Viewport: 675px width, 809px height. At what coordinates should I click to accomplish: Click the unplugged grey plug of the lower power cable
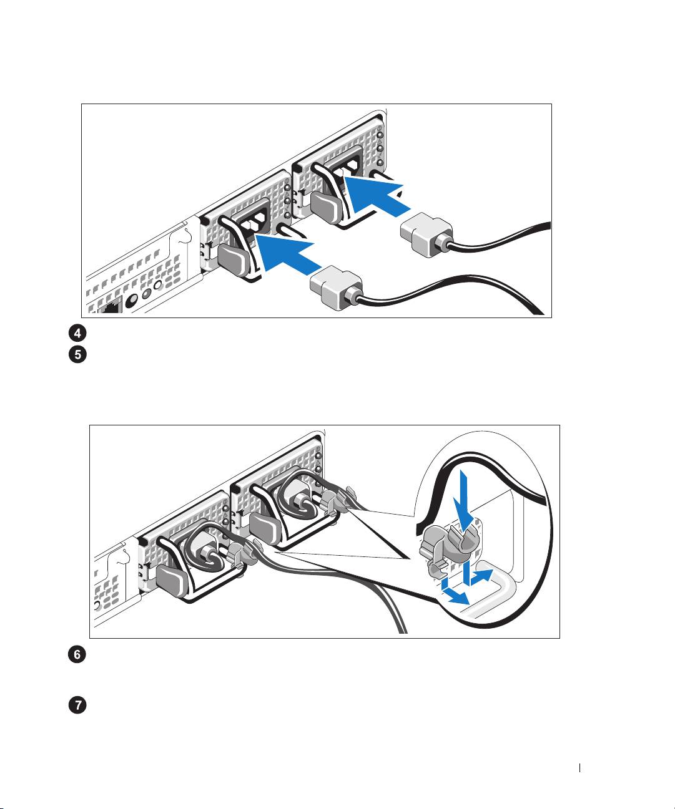click(x=335, y=286)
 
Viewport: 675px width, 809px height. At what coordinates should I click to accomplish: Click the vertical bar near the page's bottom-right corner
click(x=581, y=768)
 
